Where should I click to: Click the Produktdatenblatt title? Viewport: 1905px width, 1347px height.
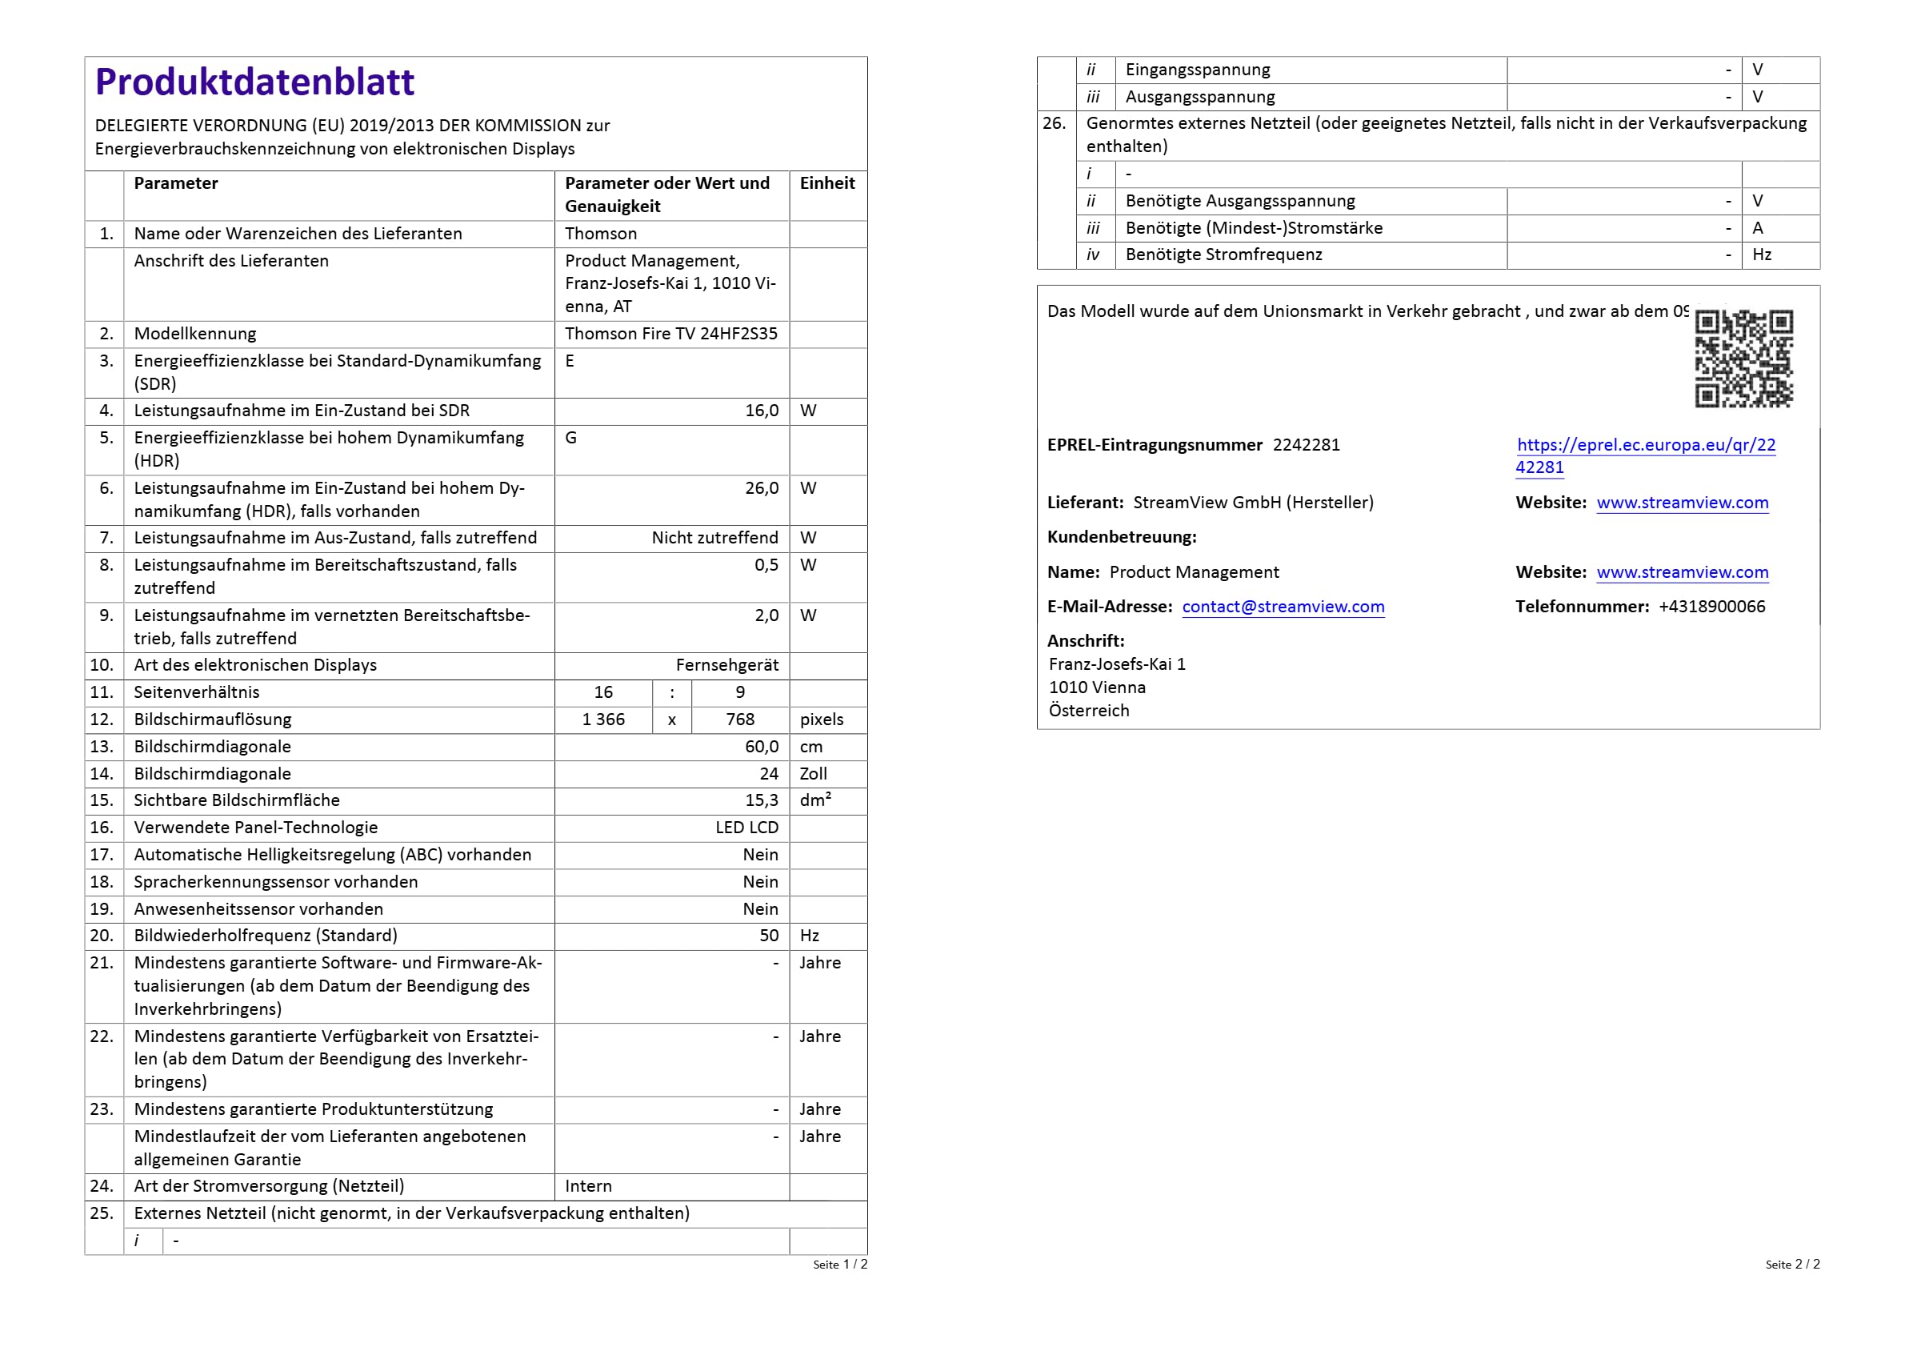click(254, 82)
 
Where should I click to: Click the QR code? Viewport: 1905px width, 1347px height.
click(1743, 359)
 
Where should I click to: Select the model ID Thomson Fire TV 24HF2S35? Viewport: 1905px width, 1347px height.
click(670, 334)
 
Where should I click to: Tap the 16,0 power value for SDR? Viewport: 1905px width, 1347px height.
click(761, 411)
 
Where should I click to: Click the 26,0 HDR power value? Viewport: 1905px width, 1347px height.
click(761, 488)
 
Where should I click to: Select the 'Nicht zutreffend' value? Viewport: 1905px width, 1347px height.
click(714, 538)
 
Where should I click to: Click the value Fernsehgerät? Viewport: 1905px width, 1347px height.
click(726, 665)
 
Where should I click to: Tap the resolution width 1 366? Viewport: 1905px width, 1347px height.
click(603, 720)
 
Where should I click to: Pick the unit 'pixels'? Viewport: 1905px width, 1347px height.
click(821, 720)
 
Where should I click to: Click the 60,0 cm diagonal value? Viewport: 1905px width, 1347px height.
click(761, 747)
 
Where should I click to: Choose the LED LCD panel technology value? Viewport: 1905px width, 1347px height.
click(746, 828)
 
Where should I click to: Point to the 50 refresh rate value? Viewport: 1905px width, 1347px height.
click(768, 936)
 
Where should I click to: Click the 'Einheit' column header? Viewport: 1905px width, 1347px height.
click(826, 183)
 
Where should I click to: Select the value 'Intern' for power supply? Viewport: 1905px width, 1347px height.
click(588, 1186)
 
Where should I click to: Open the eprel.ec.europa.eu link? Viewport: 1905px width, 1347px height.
click(1645, 446)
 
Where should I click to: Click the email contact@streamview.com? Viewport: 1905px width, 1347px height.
click(1283, 607)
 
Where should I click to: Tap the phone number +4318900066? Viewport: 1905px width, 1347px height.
click(1711, 607)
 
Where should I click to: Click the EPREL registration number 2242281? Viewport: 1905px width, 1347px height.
click(1306, 445)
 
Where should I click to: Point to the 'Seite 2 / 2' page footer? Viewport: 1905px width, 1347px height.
click(1792, 1264)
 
